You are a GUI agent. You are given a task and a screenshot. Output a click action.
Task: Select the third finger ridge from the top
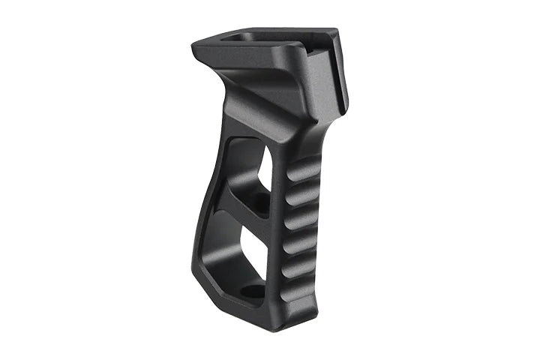[x=303, y=219]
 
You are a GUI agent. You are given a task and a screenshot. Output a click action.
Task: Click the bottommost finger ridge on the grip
[x=301, y=289]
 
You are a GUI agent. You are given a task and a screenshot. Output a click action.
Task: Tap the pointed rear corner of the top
[x=196, y=45]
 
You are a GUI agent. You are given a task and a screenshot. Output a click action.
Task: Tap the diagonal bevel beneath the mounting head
[x=247, y=97]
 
